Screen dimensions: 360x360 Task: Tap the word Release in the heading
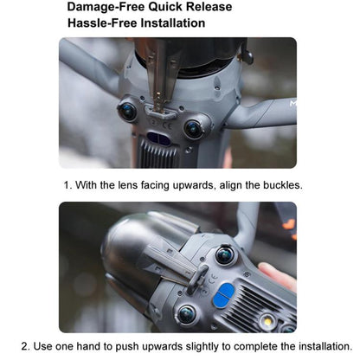tap(209, 7)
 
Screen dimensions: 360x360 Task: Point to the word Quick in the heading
tap(166, 7)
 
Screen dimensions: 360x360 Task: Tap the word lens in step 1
tap(128, 185)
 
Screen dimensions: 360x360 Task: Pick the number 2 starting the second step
tap(25, 346)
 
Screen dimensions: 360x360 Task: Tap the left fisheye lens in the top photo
tap(127, 111)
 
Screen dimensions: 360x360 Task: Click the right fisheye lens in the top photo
tap(193, 129)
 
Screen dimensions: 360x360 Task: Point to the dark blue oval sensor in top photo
tap(158, 138)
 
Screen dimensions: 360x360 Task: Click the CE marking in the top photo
tap(167, 125)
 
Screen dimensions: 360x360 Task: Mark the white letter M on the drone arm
tap(293, 103)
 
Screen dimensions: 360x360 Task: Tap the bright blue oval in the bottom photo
tap(223, 295)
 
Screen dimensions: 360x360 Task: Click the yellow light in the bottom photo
tap(268, 321)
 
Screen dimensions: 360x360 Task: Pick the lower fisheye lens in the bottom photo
tap(186, 314)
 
